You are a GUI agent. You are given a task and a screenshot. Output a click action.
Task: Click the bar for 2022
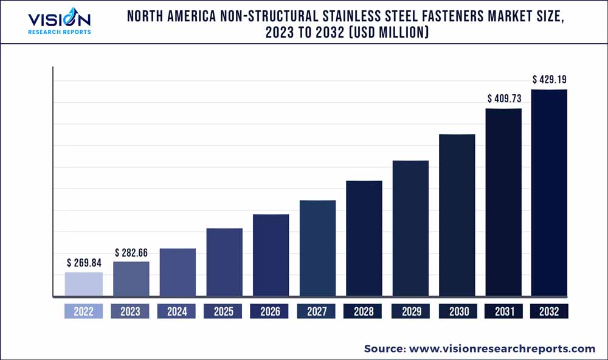pos(84,285)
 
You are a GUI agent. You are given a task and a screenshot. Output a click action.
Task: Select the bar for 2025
pos(224,263)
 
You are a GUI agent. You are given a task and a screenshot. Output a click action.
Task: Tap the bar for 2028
pos(364,239)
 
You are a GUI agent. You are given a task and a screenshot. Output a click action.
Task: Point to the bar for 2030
pos(457,216)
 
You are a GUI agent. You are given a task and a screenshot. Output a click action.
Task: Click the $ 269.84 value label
pos(84,263)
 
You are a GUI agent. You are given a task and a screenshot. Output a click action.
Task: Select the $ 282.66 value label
pos(131,252)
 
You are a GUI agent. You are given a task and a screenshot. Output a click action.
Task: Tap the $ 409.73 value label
pos(504,98)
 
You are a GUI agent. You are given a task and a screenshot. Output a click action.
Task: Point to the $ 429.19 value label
pos(550,80)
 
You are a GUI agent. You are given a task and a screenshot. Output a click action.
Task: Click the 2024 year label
pos(177,312)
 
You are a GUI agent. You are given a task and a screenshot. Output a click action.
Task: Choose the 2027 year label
pos(317,312)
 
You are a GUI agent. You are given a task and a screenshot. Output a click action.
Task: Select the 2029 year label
pos(410,312)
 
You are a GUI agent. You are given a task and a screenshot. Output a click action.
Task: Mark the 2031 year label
pos(503,312)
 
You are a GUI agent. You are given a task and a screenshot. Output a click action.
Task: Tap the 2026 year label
pos(270,312)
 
